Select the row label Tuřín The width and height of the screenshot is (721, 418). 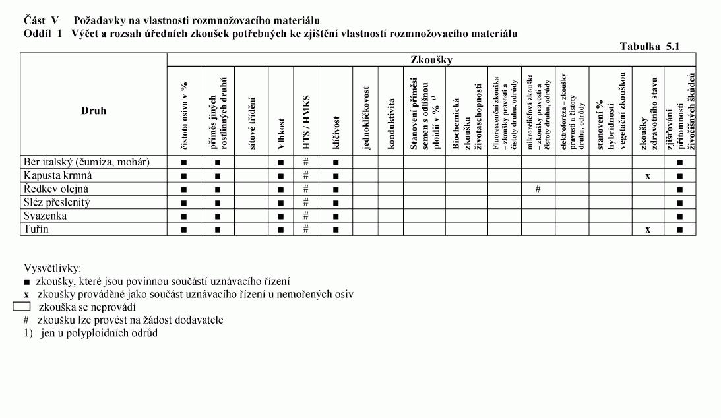(36, 229)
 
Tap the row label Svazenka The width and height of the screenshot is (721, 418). (44, 216)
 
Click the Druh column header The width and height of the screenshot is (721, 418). (93, 111)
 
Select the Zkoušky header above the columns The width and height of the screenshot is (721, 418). (431, 60)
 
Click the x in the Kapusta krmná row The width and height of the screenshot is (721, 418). (648, 177)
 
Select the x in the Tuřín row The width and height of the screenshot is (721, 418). (648, 229)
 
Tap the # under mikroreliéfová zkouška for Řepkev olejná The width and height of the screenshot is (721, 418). (538, 189)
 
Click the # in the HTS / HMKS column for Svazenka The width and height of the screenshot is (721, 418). (306, 216)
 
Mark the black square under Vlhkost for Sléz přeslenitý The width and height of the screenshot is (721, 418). (281, 203)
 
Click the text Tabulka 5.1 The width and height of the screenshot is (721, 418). (649, 46)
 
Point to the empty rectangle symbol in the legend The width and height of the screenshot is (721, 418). (22, 307)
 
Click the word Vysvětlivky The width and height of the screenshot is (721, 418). (53, 269)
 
